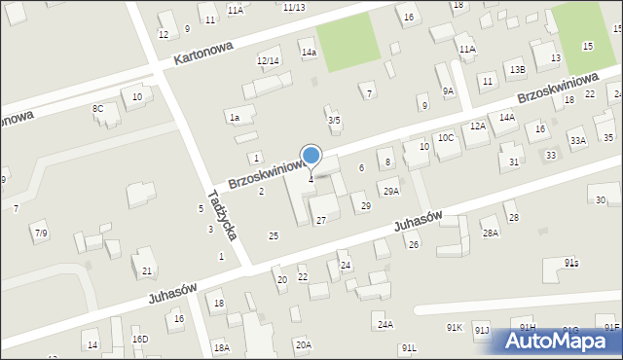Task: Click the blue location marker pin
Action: [x=311, y=157]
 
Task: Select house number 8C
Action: [x=98, y=108]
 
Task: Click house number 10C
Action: [x=445, y=138]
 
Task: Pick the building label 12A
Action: [x=477, y=126]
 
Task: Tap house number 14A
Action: [x=507, y=117]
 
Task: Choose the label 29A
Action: [x=390, y=192]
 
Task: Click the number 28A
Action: [x=490, y=234]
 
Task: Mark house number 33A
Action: [x=578, y=141]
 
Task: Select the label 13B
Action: [x=516, y=70]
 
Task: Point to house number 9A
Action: [x=448, y=90]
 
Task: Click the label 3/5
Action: [x=334, y=121]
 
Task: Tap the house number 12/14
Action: [x=268, y=61]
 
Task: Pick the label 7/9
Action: [x=41, y=234]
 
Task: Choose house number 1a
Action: [x=234, y=118]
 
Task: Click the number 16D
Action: [x=140, y=339]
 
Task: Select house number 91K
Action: [x=454, y=328]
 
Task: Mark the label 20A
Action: [x=304, y=344]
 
